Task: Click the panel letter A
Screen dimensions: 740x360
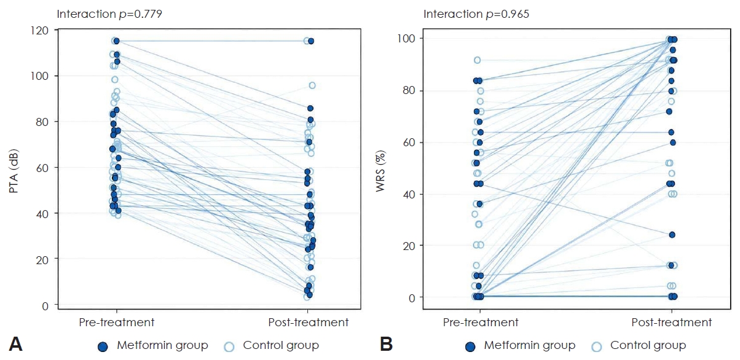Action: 15,345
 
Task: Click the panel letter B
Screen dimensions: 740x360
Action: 386,345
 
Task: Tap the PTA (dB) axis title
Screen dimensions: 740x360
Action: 14,171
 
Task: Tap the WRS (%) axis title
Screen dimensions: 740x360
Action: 380,171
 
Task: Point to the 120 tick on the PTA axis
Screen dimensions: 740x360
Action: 39,31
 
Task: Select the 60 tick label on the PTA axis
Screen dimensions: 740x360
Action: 42,168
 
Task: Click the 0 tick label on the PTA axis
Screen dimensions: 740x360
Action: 45,306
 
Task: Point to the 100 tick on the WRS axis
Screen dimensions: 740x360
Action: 406,39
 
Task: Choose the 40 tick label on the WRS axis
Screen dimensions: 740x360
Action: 409,194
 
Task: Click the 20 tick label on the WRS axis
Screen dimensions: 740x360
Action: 409,246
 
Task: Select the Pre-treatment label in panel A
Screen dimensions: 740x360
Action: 117,323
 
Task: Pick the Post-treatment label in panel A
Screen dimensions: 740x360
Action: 308,323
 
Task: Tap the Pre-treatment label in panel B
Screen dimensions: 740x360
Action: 481,323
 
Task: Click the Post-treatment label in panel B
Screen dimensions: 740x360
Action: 672,323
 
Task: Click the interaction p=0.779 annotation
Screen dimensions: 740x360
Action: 109,14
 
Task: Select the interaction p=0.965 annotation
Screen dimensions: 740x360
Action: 476,14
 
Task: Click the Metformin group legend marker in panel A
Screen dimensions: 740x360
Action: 103,346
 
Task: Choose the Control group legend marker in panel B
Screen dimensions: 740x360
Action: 597,346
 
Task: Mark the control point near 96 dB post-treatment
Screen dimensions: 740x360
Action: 312,85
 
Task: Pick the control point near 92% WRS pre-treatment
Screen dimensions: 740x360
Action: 478,60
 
